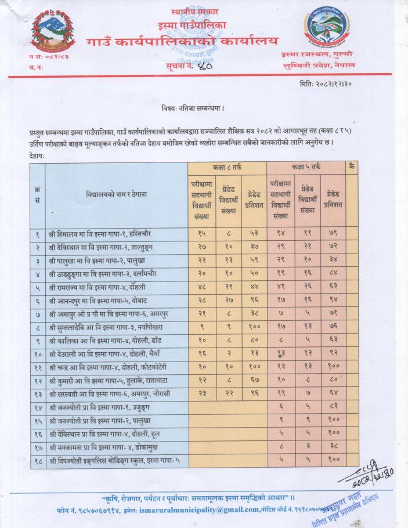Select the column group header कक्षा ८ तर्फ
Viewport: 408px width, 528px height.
pyautogui.click(x=226, y=167)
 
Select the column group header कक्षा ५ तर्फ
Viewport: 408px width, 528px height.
pyautogui.click(x=305, y=167)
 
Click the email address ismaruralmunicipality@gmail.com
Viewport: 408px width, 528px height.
pyautogui.click(x=204, y=509)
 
